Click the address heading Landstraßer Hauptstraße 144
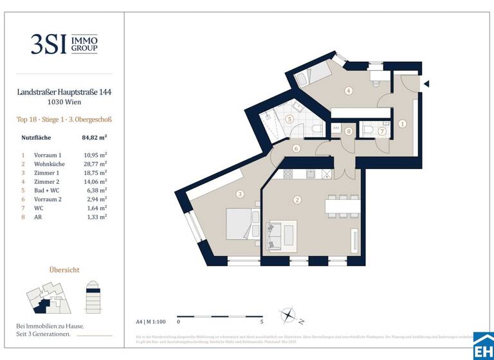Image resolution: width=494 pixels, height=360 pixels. point(64,93)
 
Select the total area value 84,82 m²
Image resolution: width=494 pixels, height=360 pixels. point(94,137)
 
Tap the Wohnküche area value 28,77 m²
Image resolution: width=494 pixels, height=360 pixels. point(95,165)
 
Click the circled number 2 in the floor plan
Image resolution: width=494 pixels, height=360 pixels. point(297,200)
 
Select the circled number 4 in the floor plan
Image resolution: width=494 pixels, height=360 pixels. point(349,91)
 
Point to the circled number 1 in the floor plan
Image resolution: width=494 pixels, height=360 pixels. point(402,123)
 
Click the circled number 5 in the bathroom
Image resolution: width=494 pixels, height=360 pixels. point(289,119)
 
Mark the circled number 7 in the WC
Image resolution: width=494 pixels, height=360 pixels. point(381,131)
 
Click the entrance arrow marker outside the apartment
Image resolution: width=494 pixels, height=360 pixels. point(426,84)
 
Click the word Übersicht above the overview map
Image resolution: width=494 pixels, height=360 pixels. point(64,269)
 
